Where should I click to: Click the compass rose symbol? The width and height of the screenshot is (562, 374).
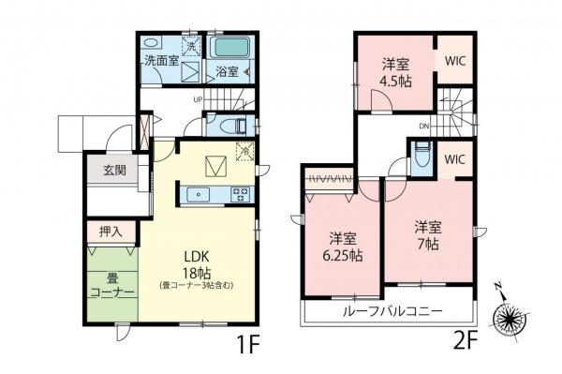pos(514,318)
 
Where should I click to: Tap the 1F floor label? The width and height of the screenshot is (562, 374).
pos(248,345)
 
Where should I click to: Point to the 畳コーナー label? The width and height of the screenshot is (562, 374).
pos(114,285)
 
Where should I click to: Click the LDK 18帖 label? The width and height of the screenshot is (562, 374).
pos(201,264)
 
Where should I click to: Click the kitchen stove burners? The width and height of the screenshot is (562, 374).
pos(239,195)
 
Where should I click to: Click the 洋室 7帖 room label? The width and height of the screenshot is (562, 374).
pos(429,235)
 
